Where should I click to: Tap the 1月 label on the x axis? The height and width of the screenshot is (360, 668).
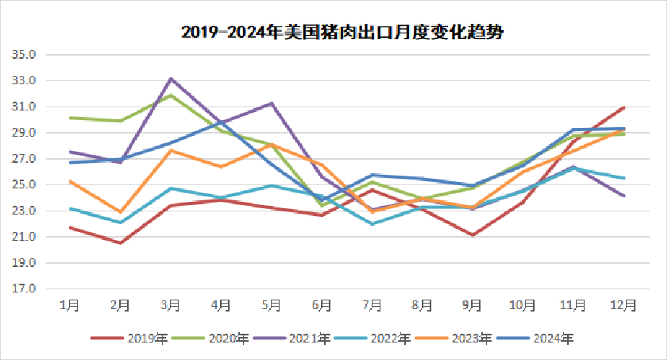71,305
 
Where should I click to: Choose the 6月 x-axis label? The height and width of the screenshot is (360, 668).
322,305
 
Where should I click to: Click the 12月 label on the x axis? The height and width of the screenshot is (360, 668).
624,305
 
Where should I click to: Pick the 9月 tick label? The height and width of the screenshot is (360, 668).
473,305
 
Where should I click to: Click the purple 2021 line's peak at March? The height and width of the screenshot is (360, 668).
171,79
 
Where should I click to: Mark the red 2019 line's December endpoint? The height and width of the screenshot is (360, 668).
624,107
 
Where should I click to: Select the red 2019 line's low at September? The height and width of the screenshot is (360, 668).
473,234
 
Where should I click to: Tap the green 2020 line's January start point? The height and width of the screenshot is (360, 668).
71,118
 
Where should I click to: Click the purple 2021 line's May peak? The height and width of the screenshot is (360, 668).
272,103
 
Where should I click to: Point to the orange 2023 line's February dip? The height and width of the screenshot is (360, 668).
121,212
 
